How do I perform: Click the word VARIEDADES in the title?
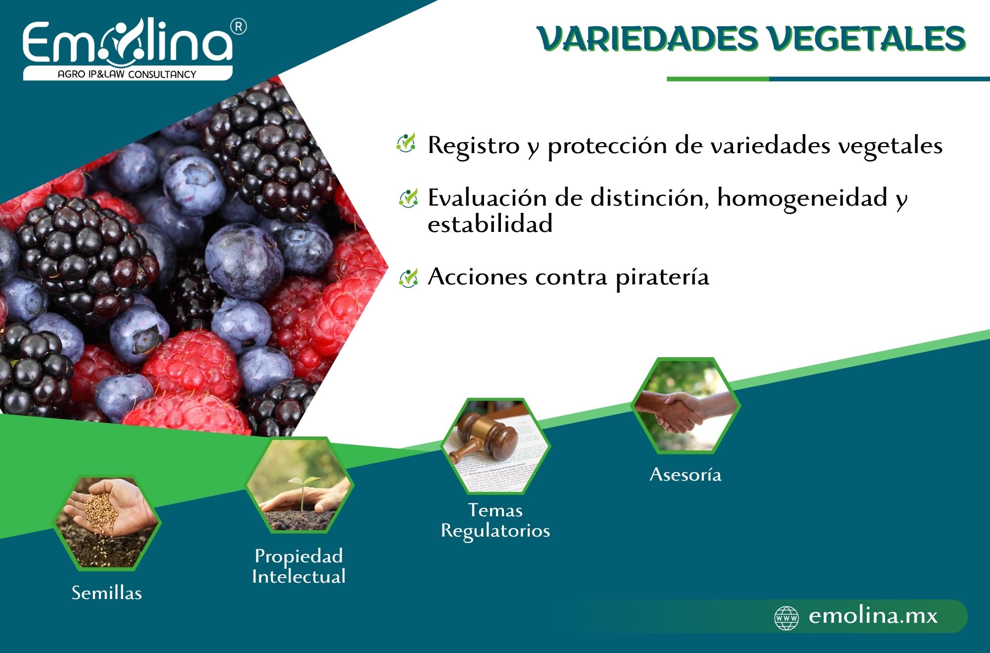coord(648,39)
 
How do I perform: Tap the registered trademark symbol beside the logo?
coord(239,27)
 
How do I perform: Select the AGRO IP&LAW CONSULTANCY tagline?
coord(127,74)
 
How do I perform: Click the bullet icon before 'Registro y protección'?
coord(406,143)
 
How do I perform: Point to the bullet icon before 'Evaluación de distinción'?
coord(408,198)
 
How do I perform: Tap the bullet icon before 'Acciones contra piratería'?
coord(408,277)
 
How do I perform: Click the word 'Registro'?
coord(474,146)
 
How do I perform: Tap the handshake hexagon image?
coord(686,405)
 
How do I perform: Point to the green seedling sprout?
coord(301,486)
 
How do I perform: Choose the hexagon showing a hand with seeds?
coord(106,523)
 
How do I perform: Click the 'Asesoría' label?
coord(686,475)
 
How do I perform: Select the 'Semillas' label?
coord(107,593)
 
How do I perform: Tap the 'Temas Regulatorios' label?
coord(495,520)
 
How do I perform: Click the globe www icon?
coord(787,618)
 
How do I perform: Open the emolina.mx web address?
coord(873,616)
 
